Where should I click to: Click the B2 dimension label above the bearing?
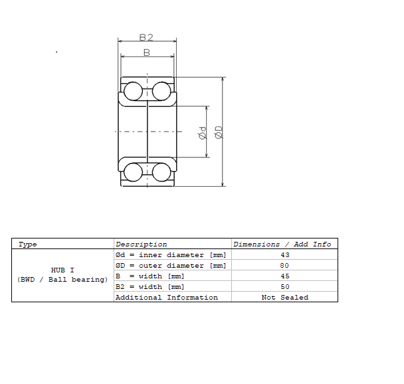pos(147,38)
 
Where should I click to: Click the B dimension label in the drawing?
pos(147,52)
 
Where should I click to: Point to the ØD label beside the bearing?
pos(218,132)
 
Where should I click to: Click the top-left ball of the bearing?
pos(134,91)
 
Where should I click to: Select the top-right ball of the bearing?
pos(161,91)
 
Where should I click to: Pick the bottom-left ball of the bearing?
pos(134,172)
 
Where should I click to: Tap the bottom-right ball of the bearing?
pos(161,172)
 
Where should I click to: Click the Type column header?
pos(28,244)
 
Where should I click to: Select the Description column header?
pos(141,244)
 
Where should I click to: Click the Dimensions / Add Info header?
pos(282,244)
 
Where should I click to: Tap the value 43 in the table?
pos(285,255)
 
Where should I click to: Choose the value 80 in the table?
pos(285,266)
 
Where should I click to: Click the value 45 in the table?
pos(285,276)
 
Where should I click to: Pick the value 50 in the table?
pos(285,287)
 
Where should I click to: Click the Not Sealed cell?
pos(285,298)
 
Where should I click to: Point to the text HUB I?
pos(62,270)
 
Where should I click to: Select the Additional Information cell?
pos(166,298)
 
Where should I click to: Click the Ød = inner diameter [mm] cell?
pos(171,255)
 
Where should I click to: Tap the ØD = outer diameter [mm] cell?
pos(171,266)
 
